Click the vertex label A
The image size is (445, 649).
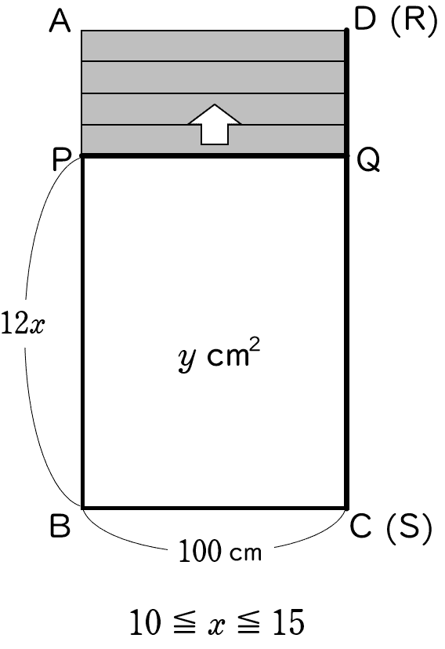(60, 21)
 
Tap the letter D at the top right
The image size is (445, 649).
(365, 19)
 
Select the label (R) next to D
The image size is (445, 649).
(413, 20)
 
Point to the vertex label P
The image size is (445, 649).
(60, 159)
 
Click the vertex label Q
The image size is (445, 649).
(367, 161)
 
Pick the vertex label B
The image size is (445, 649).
(60, 526)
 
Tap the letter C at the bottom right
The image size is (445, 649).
(360, 527)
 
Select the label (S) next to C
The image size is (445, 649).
(409, 527)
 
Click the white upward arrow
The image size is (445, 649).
(215, 125)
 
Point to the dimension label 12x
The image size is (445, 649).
(23, 323)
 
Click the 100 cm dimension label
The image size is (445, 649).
(220, 552)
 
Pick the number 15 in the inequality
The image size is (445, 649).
(288, 622)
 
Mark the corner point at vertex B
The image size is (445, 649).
(82, 508)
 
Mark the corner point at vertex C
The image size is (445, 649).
(346, 508)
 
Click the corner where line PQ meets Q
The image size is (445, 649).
(346, 155)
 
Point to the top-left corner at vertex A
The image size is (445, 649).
(81, 31)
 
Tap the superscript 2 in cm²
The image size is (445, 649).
(255, 345)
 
